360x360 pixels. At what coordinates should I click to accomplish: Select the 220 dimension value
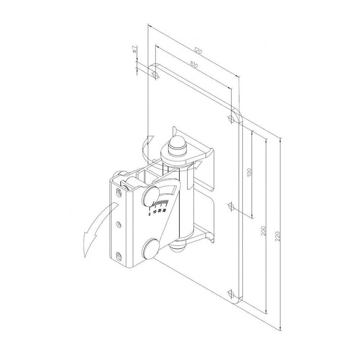278,236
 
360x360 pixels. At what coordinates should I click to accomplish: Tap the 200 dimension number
264,231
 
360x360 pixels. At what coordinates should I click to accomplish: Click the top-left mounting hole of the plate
156,75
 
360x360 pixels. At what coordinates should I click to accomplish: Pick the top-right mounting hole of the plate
231,119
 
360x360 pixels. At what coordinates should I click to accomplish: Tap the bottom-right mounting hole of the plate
231,294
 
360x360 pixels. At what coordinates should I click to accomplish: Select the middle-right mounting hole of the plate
231,206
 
